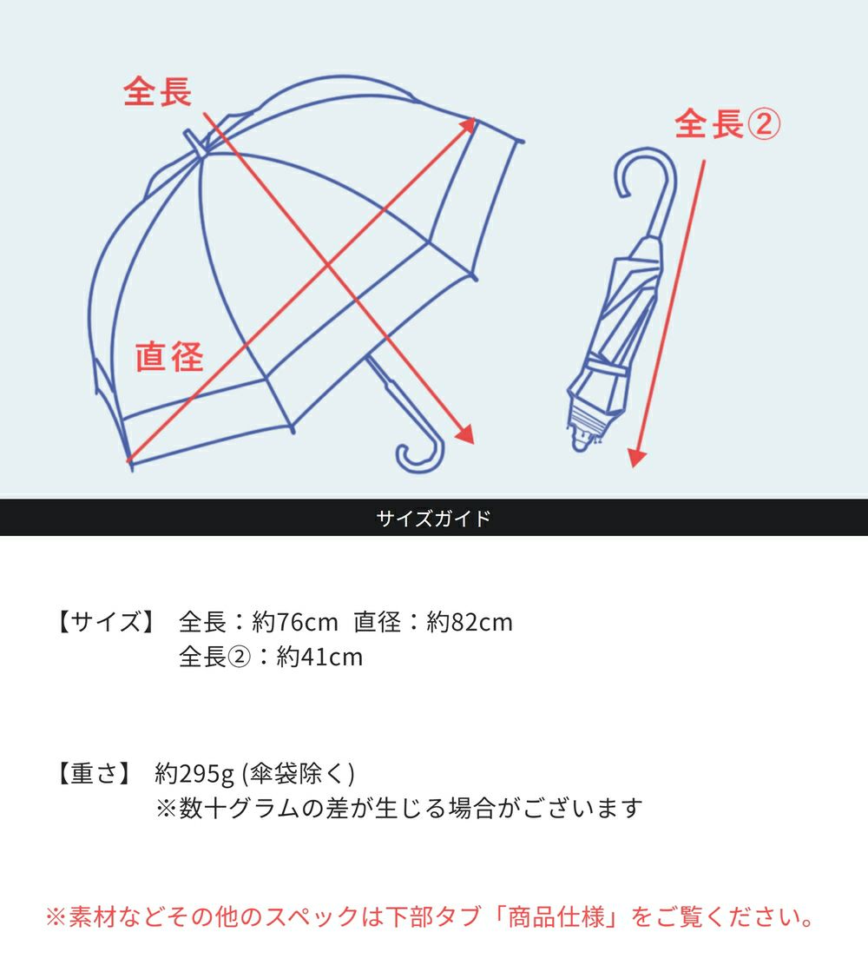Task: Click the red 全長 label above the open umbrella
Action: [x=157, y=92]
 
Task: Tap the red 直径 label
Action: [x=169, y=356]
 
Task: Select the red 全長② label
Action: [x=727, y=125]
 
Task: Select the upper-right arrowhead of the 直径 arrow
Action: [x=470, y=123]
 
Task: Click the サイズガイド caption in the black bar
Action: [x=433, y=519]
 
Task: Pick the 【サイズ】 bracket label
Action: [x=105, y=622]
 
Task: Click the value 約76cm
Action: [x=294, y=622]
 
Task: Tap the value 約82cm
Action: [x=470, y=622]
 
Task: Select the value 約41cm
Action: [x=319, y=657]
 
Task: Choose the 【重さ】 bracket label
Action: [x=93, y=773]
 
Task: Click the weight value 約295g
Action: [x=195, y=773]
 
